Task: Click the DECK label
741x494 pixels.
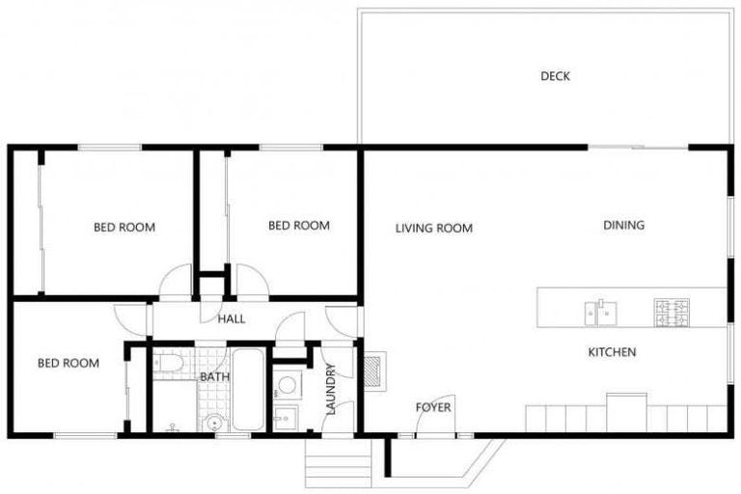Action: (x=555, y=76)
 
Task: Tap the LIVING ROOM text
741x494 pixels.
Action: (x=434, y=229)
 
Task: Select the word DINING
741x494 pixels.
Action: (x=623, y=225)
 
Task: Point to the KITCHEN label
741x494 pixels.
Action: (x=612, y=352)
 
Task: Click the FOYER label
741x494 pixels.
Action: (x=433, y=407)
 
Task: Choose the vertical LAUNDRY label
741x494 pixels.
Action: (x=331, y=389)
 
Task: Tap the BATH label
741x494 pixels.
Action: (x=213, y=376)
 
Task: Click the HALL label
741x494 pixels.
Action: (x=231, y=319)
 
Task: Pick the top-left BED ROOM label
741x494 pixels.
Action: (x=124, y=228)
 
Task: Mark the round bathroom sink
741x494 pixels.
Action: (x=212, y=422)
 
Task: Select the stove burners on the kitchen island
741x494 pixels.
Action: (x=672, y=311)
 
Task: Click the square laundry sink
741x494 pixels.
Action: (x=285, y=419)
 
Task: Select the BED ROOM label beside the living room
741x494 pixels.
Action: (x=299, y=226)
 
